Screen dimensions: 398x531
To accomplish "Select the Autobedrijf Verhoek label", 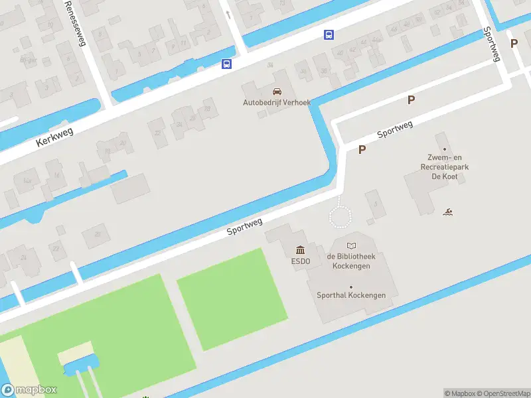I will click(276, 103).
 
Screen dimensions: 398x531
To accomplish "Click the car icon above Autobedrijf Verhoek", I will click(277, 91).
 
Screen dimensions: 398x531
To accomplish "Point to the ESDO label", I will click(300, 261).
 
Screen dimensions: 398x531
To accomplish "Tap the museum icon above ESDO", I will click(300, 249).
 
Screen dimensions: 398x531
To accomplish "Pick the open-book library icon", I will click(351, 246).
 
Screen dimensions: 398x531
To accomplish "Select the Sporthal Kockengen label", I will click(351, 295).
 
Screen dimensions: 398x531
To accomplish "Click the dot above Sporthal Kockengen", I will click(351, 287).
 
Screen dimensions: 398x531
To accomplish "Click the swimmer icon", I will click(449, 212).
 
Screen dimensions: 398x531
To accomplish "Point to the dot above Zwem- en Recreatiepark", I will click(445, 149).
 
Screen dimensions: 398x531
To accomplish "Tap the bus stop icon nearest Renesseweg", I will click(227, 64).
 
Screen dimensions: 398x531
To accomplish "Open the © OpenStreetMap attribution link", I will click(504, 393).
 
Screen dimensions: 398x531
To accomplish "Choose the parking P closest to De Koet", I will click(362, 150).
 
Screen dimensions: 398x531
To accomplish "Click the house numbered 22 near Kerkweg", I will click(157, 132).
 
